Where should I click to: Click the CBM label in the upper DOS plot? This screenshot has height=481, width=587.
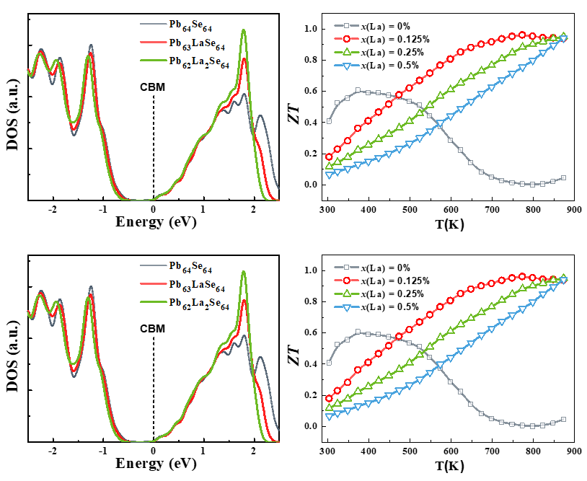[153, 87]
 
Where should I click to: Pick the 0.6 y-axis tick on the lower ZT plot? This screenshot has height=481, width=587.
[312, 332]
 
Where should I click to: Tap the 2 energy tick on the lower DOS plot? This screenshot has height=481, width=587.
[254, 451]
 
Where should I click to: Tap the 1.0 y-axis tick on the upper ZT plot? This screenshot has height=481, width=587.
[312, 29]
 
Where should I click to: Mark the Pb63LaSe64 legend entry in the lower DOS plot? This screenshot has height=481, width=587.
[195, 286]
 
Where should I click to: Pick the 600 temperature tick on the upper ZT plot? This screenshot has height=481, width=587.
[451, 209]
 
